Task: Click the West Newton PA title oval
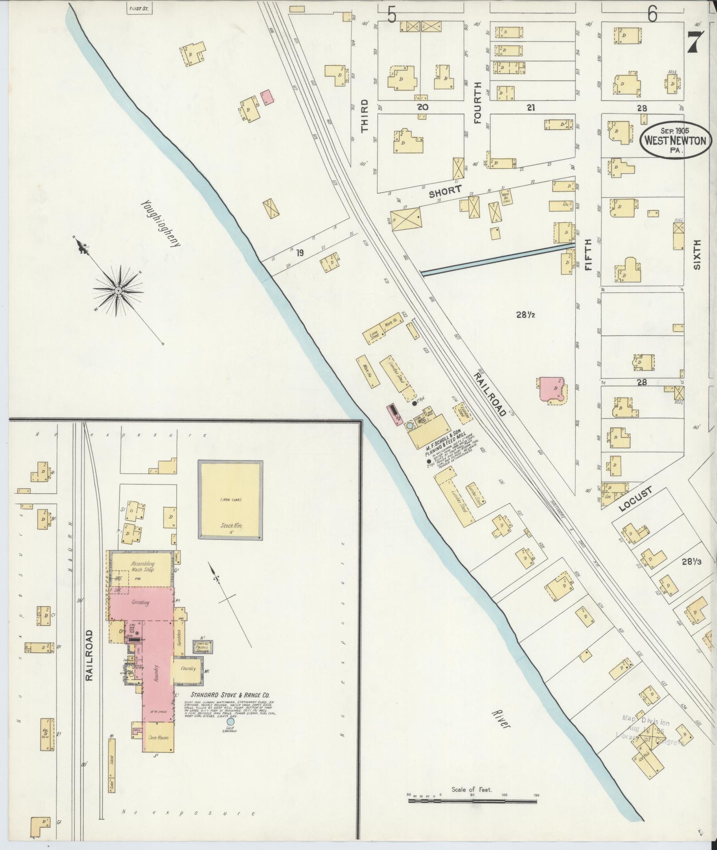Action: click(x=675, y=140)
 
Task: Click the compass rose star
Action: click(x=118, y=291)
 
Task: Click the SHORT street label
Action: click(x=445, y=191)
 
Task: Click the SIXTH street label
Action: click(x=697, y=255)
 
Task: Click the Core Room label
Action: click(x=158, y=737)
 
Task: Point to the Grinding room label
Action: click(x=140, y=603)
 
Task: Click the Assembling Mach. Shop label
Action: click(x=142, y=567)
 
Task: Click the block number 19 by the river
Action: click(x=300, y=253)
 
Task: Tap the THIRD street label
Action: click(x=365, y=116)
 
